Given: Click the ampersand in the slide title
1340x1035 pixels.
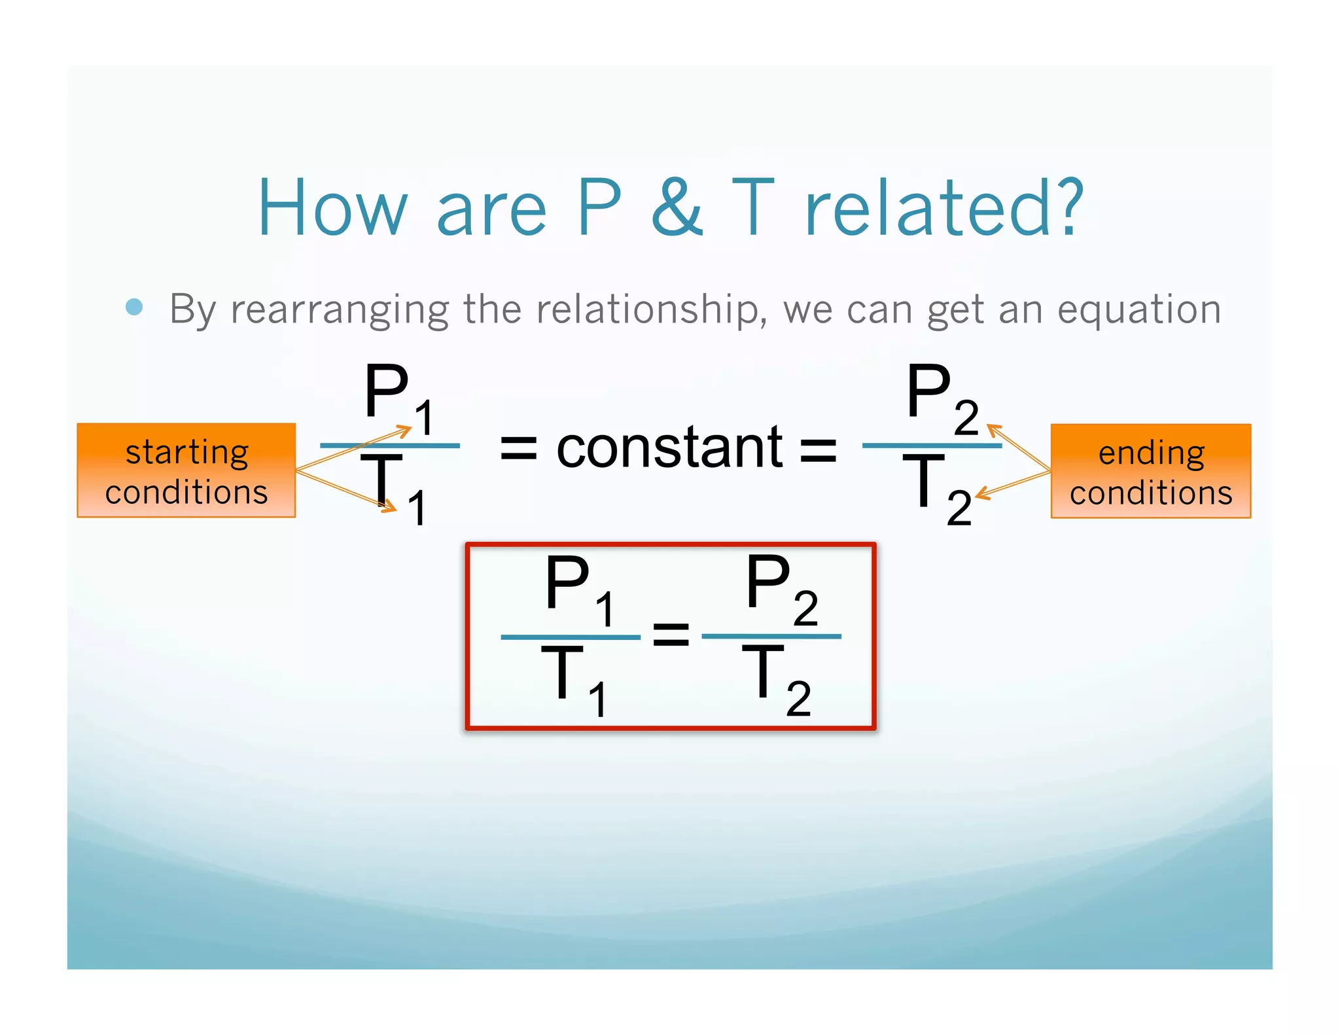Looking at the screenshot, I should pos(677,208).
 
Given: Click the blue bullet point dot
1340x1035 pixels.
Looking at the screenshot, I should pos(134,307).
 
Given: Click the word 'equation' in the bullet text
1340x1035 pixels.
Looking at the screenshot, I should pos(1139,310).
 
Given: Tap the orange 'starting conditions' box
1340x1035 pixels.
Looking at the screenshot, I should pos(186,470).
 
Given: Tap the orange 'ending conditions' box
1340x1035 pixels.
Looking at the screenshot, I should pos(1150,471).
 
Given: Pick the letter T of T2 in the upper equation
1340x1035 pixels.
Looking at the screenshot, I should pos(923,481).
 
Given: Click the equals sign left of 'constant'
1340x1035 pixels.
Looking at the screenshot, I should pos(518,449).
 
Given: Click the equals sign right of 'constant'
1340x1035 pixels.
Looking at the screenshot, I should pos(819,449).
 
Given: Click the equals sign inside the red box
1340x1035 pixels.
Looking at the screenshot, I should pos(671,635).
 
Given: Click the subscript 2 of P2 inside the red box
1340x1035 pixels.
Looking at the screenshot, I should pos(805,608).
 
